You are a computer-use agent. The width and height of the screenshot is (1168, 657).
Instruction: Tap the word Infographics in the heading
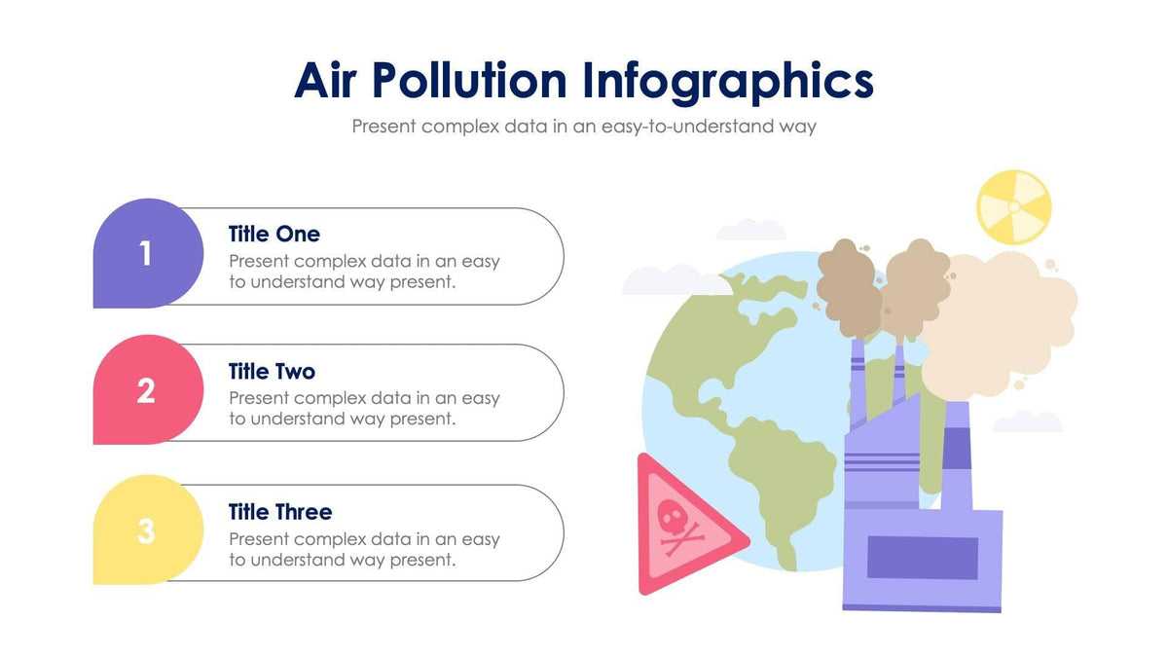click(728, 81)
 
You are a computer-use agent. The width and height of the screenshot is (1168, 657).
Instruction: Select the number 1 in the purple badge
click(146, 254)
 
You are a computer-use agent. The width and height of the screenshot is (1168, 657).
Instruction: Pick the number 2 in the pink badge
click(146, 390)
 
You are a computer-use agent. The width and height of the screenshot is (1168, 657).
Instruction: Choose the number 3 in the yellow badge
click(146, 531)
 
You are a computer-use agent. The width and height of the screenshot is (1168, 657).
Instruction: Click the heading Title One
click(274, 234)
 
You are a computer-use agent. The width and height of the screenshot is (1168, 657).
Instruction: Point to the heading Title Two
click(272, 371)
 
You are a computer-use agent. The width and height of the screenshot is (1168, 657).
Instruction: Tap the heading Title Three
click(279, 512)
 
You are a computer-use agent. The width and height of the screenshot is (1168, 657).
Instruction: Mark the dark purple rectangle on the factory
click(922, 558)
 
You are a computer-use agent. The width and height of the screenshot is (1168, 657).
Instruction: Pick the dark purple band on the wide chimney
click(958, 447)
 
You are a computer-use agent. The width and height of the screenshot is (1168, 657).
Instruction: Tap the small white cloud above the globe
click(750, 231)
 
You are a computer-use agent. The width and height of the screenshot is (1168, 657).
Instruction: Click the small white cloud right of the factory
click(1027, 421)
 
